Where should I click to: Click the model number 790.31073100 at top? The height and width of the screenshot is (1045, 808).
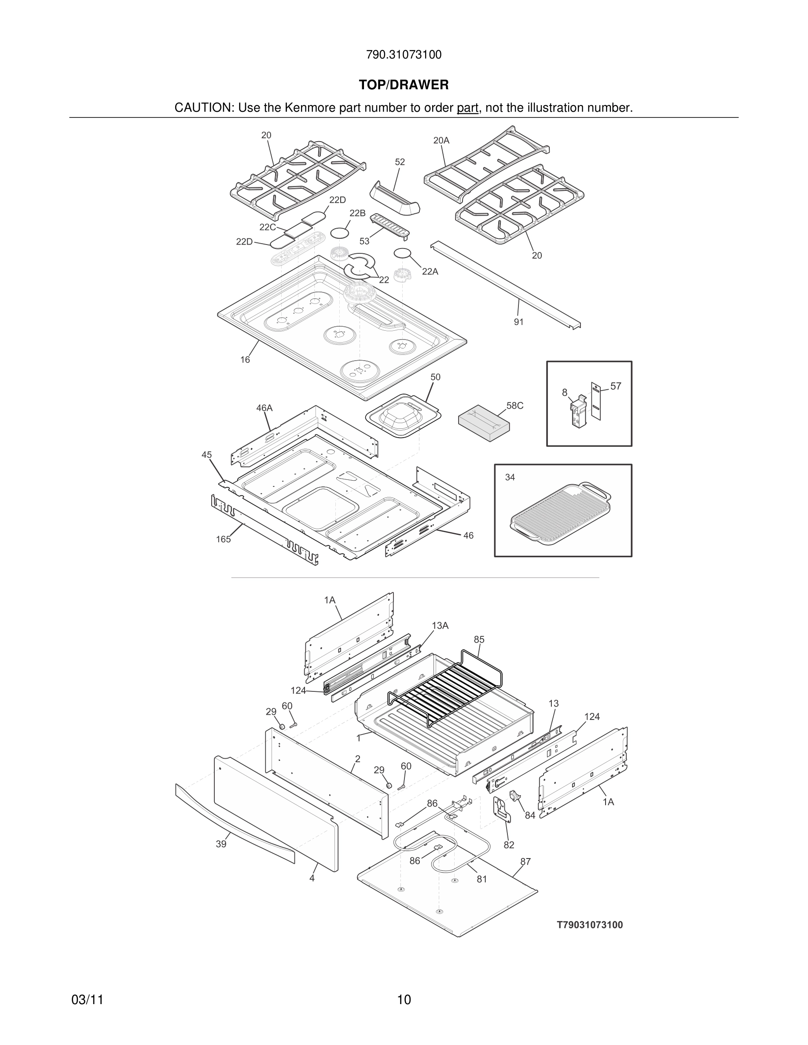(404, 55)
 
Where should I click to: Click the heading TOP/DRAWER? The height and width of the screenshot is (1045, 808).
(404, 85)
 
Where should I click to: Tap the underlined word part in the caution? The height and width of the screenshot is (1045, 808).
(467, 108)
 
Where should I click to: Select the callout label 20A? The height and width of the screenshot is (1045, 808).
(441, 140)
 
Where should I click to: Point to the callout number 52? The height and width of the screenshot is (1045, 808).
(400, 162)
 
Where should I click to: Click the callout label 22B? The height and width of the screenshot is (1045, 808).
(357, 213)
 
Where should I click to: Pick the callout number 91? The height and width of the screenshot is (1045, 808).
(519, 322)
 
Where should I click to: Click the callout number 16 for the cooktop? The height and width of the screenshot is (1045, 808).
(245, 360)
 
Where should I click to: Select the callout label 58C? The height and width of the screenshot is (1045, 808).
(514, 406)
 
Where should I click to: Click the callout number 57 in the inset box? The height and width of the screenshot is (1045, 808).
(616, 386)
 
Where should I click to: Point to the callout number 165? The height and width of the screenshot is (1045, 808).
(223, 539)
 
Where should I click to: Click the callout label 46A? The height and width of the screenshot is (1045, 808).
(264, 408)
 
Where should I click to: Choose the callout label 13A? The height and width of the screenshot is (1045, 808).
(440, 625)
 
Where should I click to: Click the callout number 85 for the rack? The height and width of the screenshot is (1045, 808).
(479, 639)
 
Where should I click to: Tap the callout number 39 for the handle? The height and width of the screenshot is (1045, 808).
(220, 844)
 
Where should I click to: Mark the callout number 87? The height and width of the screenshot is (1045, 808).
(525, 862)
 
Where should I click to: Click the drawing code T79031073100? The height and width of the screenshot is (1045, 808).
(590, 925)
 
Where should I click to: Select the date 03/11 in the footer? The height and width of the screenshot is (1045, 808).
(87, 1000)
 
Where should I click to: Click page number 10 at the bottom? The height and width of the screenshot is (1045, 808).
(404, 1000)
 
